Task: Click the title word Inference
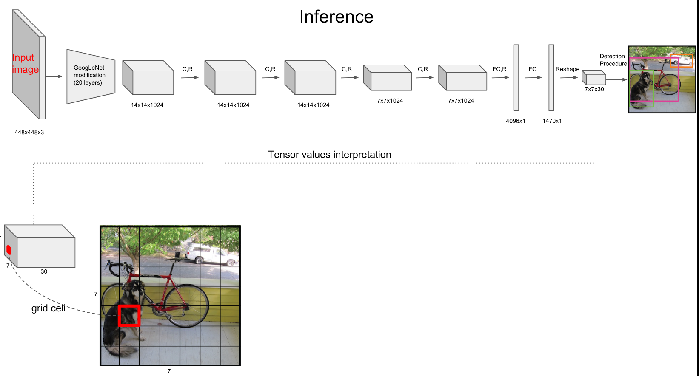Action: click(x=336, y=17)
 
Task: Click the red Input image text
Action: click(x=25, y=63)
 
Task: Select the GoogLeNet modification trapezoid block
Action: click(x=91, y=76)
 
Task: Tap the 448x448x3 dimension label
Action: click(x=29, y=132)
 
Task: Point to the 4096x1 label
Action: click(x=515, y=121)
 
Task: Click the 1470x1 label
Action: click(x=552, y=121)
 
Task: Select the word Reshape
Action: click(x=567, y=69)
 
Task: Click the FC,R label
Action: click(x=499, y=69)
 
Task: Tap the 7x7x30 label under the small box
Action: click(x=594, y=89)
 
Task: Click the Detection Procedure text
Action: click(x=613, y=60)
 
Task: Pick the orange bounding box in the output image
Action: click(x=681, y=60)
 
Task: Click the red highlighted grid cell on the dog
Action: click(x=129, y=316)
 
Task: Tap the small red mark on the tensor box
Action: click(x=9, y=250)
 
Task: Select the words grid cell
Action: click(x=48, y=308)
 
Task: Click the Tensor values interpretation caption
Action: click(x=329, y=155)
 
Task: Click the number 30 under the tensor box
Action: click(x=44, y=271)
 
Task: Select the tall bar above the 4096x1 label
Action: click(x=516, y=77)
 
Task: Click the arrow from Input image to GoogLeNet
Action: click(x=54, y=76)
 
